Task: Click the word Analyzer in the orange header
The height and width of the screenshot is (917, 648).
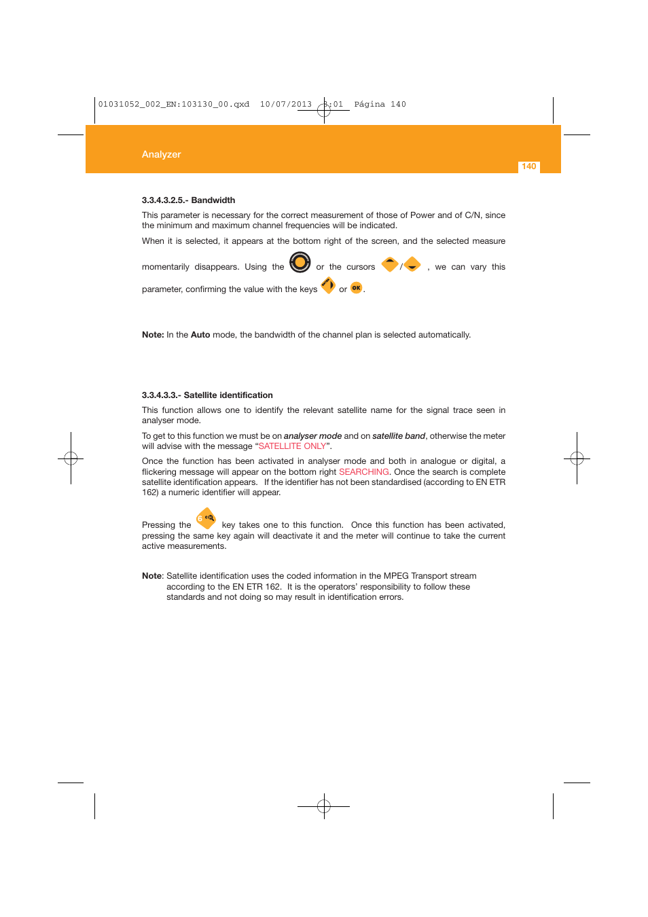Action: (161, 155)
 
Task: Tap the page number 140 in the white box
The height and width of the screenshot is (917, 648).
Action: (529, 166)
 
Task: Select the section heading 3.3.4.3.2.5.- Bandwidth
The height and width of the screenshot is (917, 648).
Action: (188, 200)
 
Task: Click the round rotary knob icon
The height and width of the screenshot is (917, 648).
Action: (300, 262)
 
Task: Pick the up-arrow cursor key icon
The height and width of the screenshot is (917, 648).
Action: (389, 264)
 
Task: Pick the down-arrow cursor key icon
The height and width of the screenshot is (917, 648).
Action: (412, 264)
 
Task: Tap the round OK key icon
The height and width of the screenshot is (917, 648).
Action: (357, 288)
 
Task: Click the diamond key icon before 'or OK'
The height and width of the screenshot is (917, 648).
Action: (328, 285)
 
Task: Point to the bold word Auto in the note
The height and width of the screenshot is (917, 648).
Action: (200, 335)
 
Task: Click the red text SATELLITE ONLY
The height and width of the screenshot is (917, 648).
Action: (292, 446)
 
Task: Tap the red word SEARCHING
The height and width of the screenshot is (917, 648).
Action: (364, 472)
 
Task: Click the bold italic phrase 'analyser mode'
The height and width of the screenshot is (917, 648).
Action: (312, 436)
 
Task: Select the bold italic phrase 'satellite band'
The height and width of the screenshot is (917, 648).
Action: (399, 436)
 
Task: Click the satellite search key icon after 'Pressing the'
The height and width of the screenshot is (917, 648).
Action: (206, 519)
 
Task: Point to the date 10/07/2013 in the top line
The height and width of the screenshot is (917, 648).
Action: (286, 105)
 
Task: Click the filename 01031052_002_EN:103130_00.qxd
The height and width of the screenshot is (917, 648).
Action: (174, 105)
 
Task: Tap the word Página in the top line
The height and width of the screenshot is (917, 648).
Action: (370, 105)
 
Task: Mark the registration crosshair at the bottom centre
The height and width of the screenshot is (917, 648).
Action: (324, 806)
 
